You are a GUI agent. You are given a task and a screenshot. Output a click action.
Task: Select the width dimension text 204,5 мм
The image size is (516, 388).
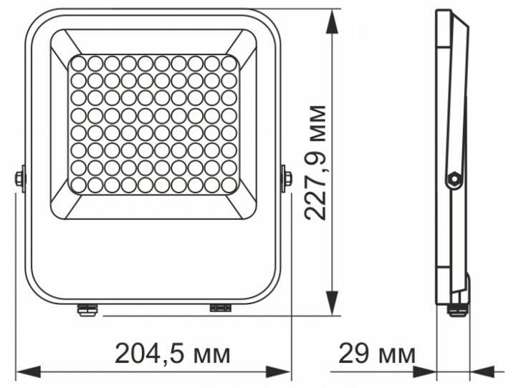(173, 353)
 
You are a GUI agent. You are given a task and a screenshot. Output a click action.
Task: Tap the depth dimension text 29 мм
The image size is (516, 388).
(376, 353)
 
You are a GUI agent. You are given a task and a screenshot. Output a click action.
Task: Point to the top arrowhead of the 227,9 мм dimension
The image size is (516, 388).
(332, 21)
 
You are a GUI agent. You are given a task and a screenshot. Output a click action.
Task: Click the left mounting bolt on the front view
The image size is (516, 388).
(20, 178)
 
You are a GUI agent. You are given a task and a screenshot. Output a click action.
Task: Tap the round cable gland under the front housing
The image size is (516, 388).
(87, 310)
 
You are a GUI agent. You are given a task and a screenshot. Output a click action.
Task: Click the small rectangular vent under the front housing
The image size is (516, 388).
(220, 309)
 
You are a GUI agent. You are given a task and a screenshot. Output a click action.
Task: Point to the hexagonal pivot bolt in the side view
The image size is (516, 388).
(453, 179)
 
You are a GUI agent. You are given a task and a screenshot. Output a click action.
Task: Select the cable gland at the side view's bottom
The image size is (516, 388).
(457, 309)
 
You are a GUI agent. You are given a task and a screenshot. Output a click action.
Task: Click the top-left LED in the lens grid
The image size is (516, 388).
(78, 63)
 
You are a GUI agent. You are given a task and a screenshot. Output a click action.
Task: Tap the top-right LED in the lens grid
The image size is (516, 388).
(229, 63)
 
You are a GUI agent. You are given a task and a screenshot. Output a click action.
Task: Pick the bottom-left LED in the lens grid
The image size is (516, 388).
(78, 185)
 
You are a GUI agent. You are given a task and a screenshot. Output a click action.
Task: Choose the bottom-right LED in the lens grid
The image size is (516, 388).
(229, 185)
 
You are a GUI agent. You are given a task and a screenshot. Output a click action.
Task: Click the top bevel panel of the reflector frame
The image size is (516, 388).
(153, 42)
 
